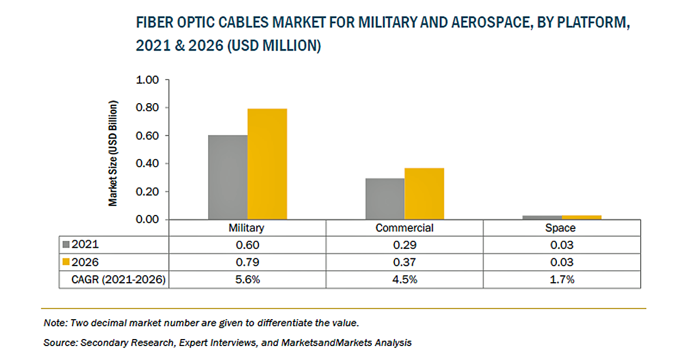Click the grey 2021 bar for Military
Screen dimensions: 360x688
click(228, 177)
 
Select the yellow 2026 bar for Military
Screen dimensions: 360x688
click(267, 164)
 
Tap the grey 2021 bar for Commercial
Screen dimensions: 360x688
click(385, 199)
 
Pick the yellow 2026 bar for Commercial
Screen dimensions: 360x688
click(424, 193)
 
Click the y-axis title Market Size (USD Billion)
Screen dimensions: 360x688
click(113, 153)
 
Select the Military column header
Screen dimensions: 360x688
click(247, 228)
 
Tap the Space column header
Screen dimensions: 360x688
click(561, 228)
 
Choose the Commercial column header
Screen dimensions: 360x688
click(404, 228)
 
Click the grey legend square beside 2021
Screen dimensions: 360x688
click(67, 244)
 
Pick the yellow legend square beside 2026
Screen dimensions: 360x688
click(67, 262)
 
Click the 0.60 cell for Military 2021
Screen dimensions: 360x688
click(247, 245)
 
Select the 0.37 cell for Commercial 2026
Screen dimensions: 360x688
click(404, 262)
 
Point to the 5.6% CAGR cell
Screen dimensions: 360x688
click(247, 279)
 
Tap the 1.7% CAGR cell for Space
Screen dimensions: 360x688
click(561, 279)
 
